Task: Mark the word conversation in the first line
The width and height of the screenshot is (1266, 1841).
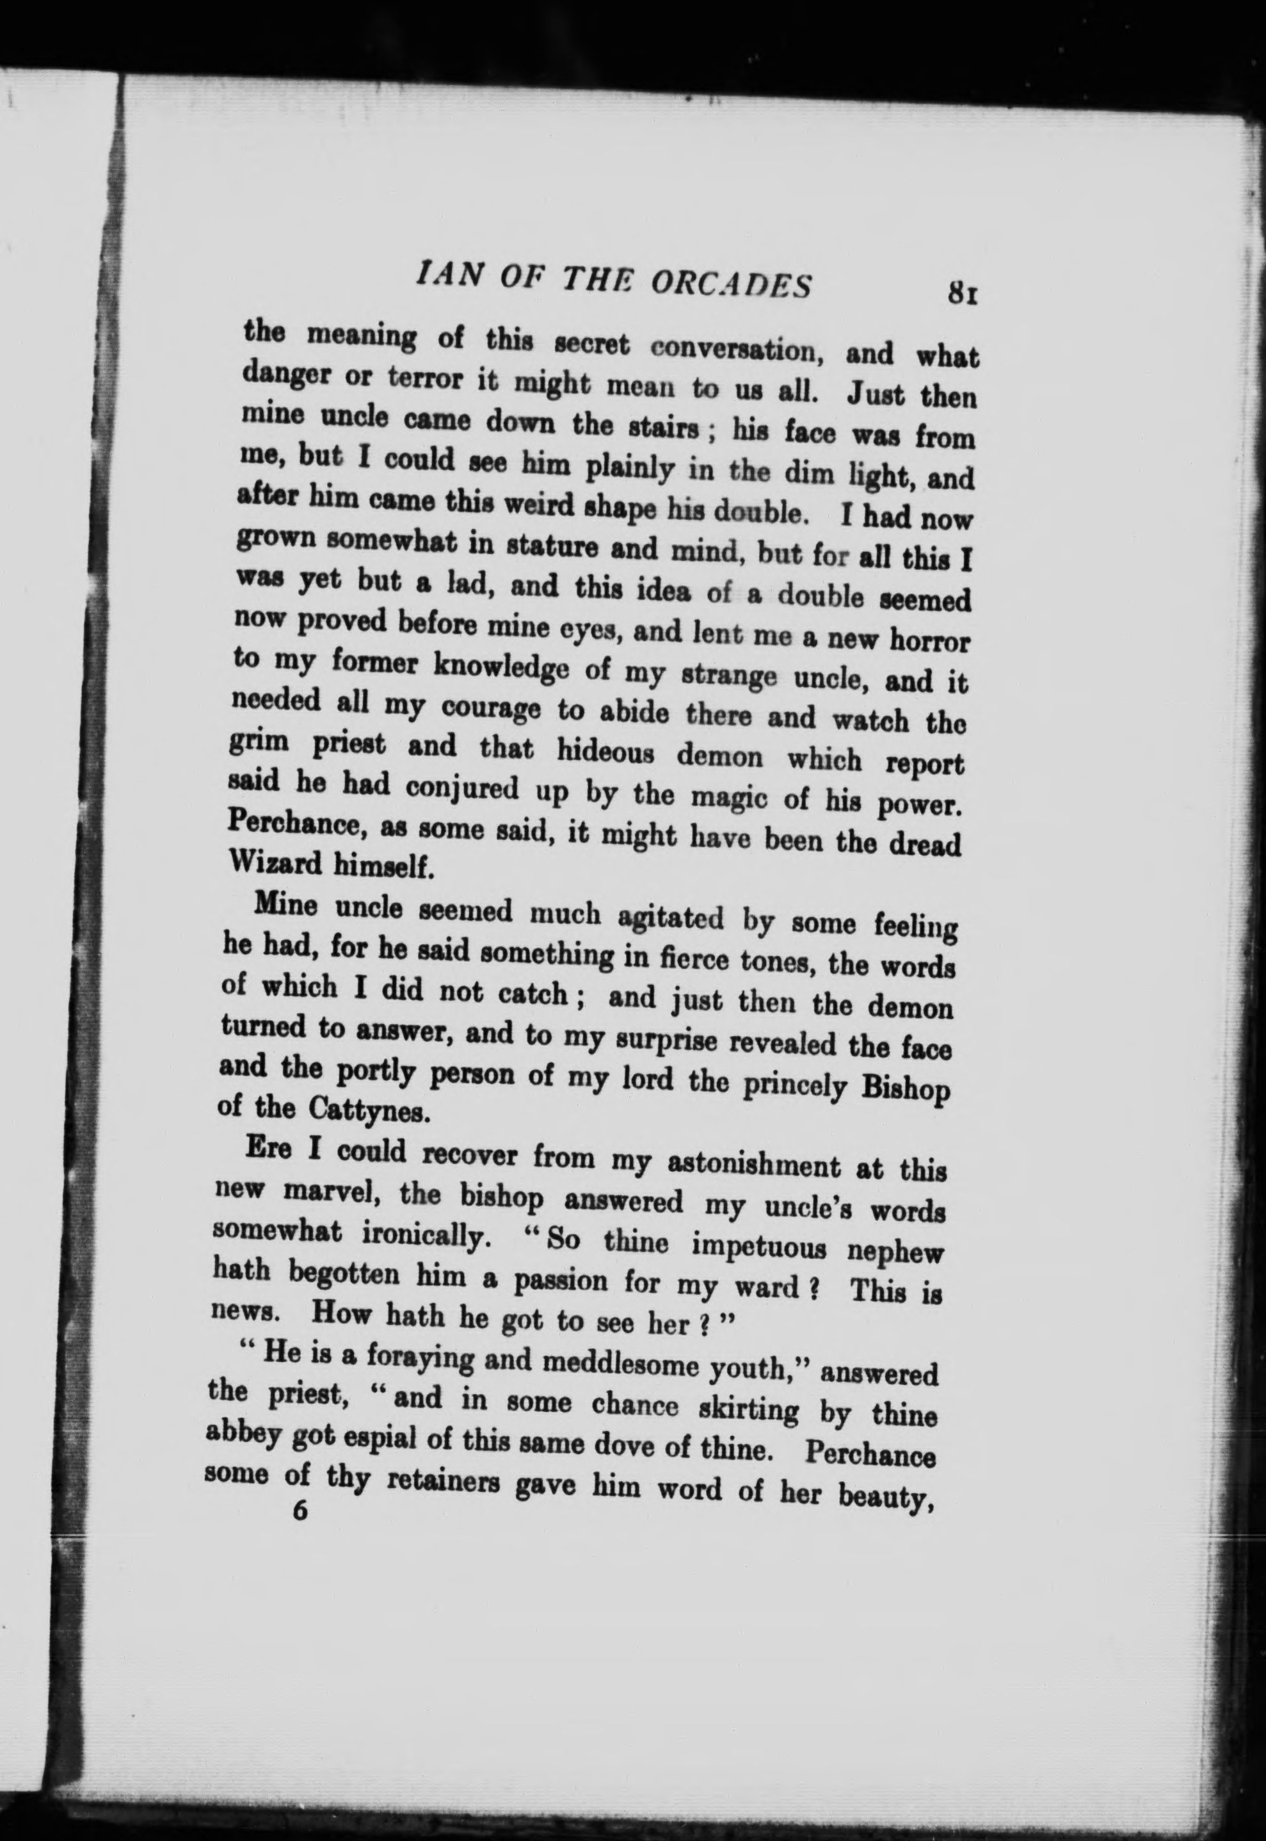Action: tap(735, 347)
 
